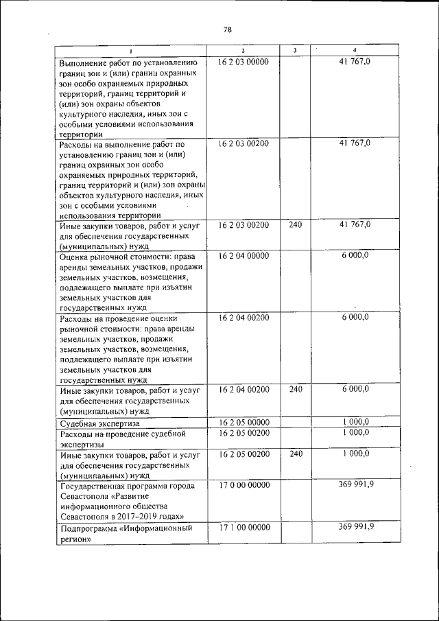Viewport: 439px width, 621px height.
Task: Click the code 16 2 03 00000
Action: click(244, 62)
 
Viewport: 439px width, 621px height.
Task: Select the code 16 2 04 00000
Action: click(244, 256)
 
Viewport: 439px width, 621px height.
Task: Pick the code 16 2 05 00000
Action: click(244, 422)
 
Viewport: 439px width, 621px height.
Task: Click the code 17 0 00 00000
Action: click(244, 486)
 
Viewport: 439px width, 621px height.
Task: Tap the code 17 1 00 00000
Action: click(244, 528)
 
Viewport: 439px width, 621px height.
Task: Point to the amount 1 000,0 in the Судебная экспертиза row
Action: click(356, 422)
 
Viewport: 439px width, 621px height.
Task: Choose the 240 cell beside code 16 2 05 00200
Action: click(295, 454)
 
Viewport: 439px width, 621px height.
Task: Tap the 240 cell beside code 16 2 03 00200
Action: click(295, 225)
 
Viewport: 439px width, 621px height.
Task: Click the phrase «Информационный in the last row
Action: click(158, 529)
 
